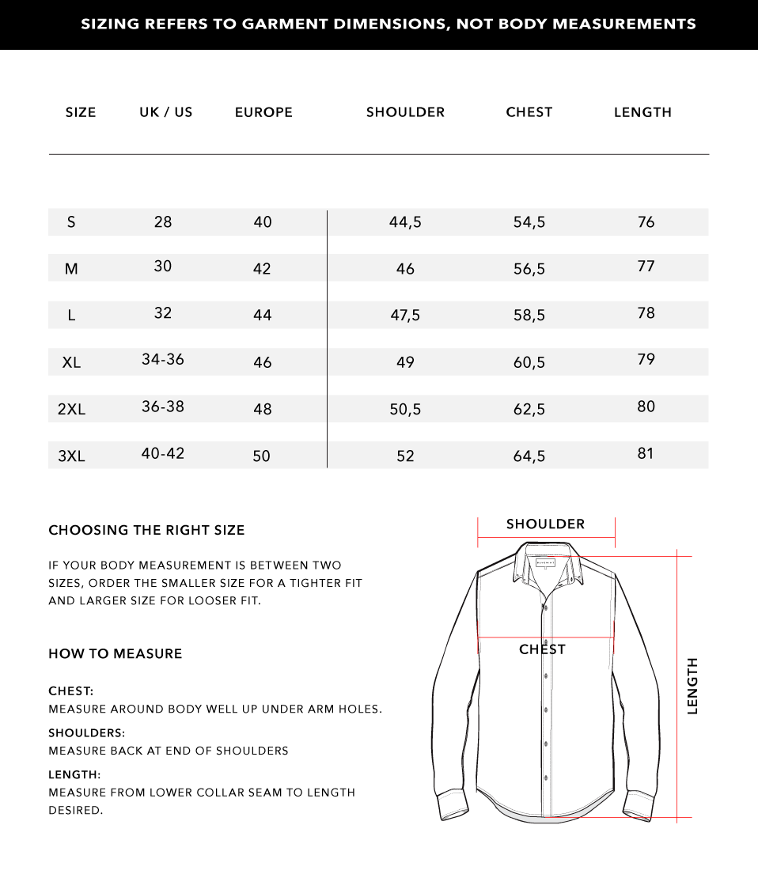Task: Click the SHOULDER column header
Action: pyautogui.click(x=405, y=112)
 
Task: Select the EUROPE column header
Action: pyautogui.click(x=263, y=112)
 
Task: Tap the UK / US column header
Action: pyautogui.click(x=166, y=112)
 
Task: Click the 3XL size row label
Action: pyautogui.click(x=71, y=456)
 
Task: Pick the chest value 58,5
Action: pyautogui.click(x=529, y=316)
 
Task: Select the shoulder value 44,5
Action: pyautogui.click(x=405, y=222)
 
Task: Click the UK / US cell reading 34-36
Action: pyautogui.click(x=163, y=359)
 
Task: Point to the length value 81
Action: pyautogui.click(x=646, y=453)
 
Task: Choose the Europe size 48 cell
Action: pyautogui.click(x=263, y=409)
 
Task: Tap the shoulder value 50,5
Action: pyautogui.click(x=405, y=409)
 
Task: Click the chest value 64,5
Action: pyautogui.click(x=529, y=456)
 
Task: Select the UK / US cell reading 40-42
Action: pyautogui.click(x=163, y=453)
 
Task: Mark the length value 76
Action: pyautogui.click(x=646, y=222)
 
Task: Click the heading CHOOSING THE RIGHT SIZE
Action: pyautogui.click(x=146, y=530)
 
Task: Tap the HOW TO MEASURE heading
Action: pyautogui.click(x=116, y=653)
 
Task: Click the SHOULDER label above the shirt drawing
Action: pyautogui.click(x=545, y=524)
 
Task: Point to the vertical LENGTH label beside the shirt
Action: pyautogui.click(x=693, y=686)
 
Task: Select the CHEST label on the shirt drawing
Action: pyautogui.click(x=542, y=649)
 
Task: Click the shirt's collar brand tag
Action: pyautogui.click(x=546, y=562)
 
